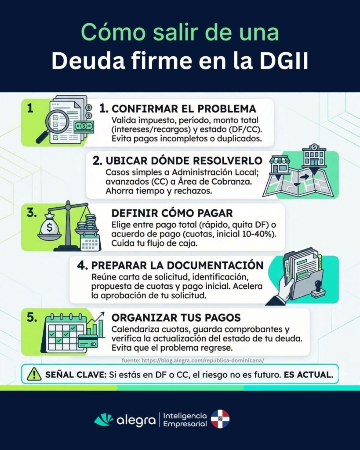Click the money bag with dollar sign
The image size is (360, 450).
coord(49,229)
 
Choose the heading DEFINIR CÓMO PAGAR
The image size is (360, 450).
coord(172,213)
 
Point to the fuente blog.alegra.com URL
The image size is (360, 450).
coord(193,360)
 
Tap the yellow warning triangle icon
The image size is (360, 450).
coord(33,374)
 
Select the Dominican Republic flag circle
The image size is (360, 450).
coord(220,419)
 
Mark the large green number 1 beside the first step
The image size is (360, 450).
coord(30,108)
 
